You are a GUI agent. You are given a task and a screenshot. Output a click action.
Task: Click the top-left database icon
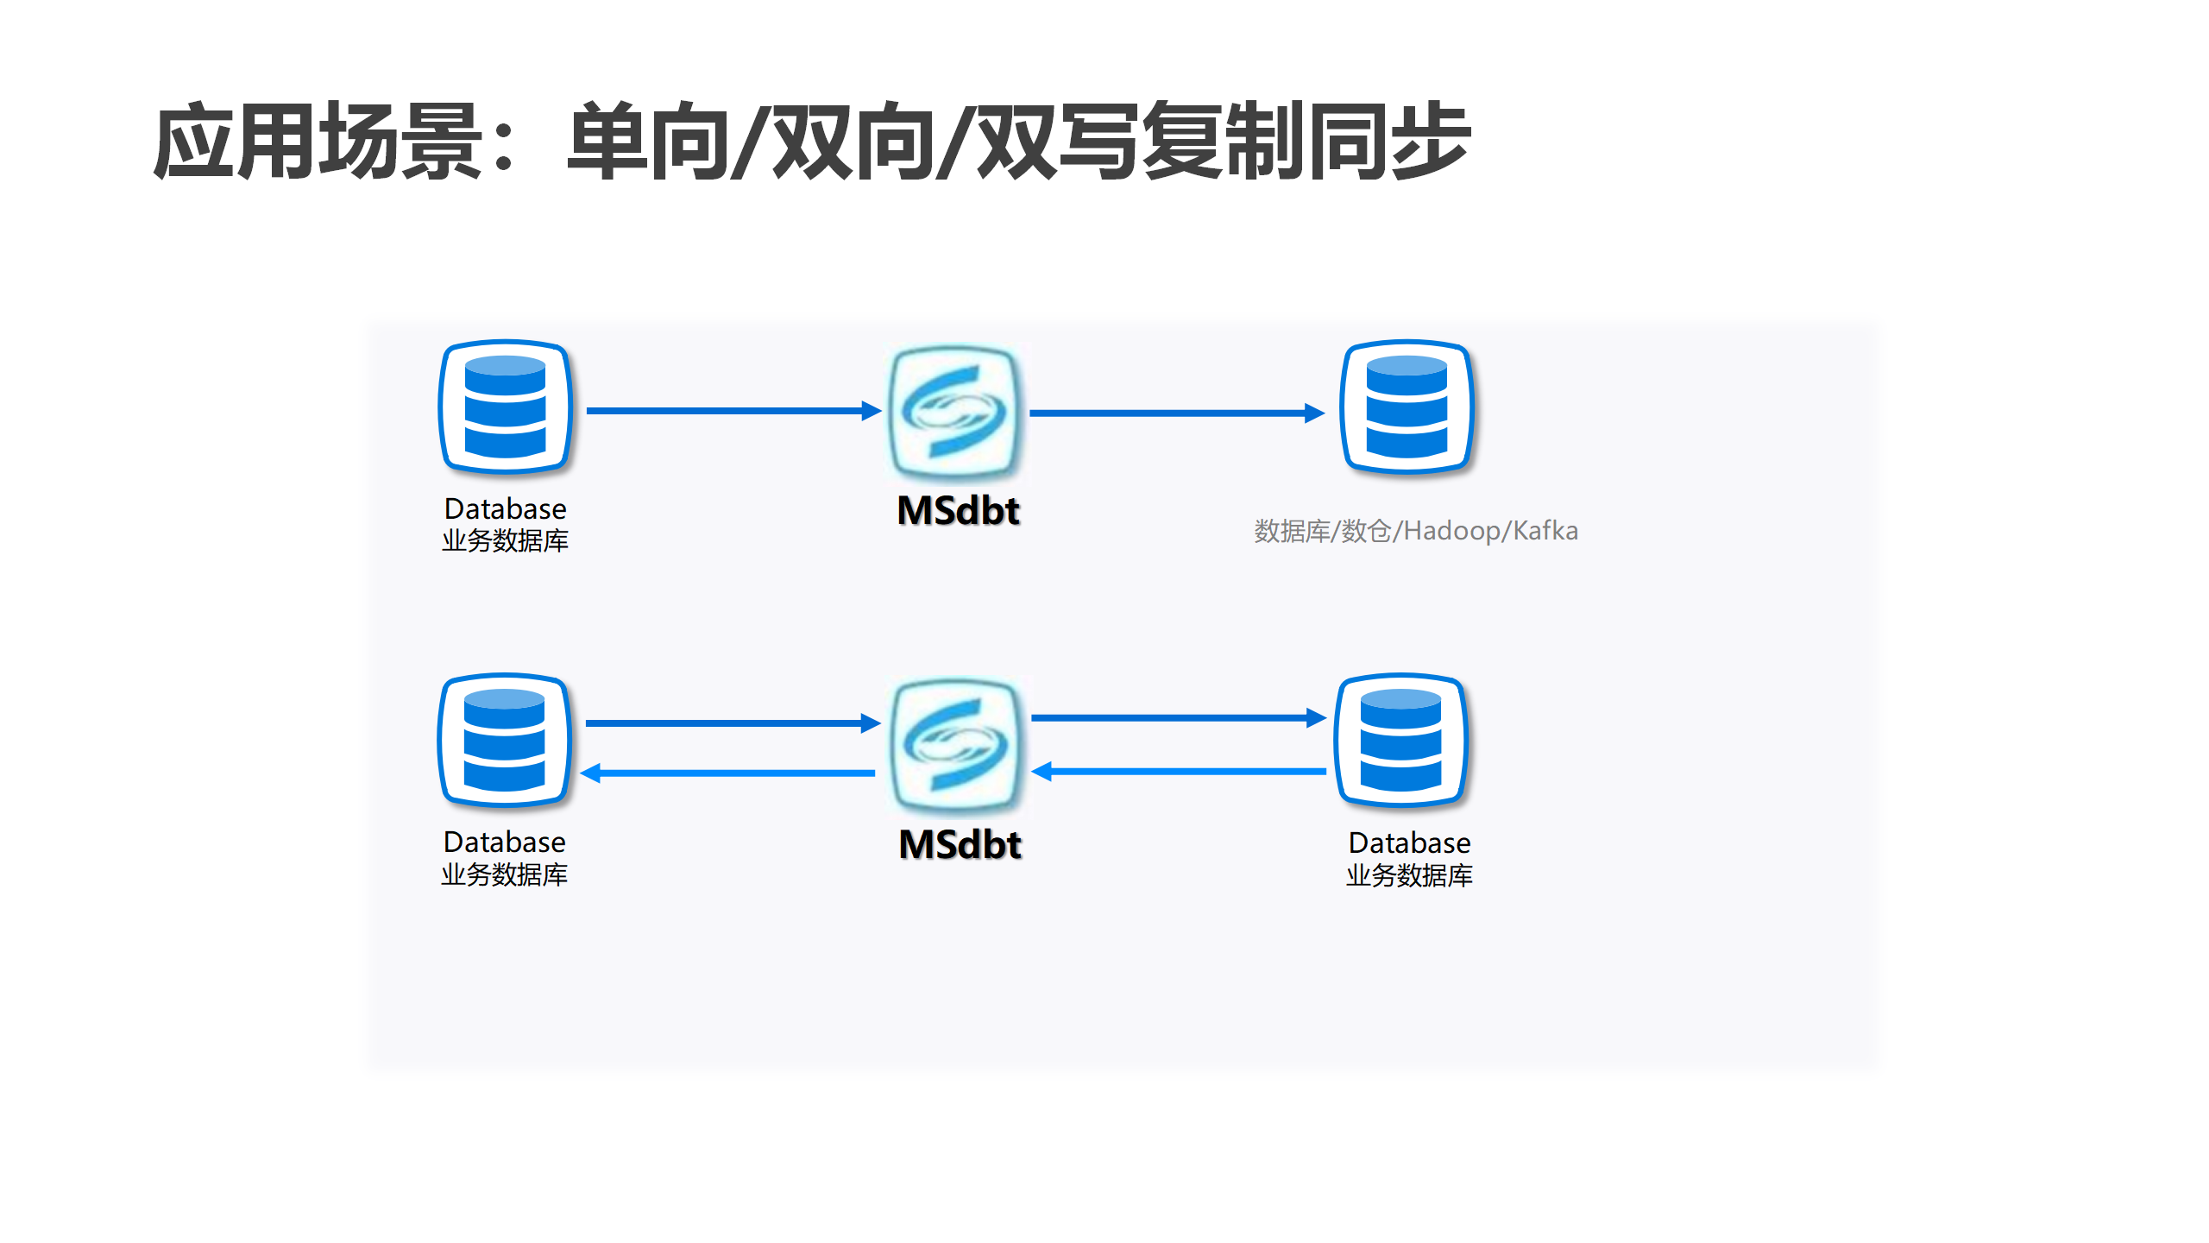point(506,407)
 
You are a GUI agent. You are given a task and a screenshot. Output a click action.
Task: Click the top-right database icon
point(1407,407)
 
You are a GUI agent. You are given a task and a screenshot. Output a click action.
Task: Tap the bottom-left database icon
point(505,741)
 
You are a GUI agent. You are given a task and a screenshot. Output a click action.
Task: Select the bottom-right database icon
point(1401,741)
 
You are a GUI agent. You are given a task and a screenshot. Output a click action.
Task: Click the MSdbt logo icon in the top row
point(955,412)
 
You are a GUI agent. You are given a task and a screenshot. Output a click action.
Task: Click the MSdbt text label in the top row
point(959,510)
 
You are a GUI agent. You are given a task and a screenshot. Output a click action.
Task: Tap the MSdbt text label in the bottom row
point(960,844)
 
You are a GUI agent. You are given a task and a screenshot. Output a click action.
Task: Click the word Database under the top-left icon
point(506,508)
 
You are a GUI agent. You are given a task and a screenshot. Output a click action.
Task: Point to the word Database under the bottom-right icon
point(1410,842)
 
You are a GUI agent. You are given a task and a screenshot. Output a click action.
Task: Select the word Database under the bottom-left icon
point(505,842)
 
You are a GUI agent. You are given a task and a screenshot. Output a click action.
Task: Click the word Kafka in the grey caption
point(1545,530)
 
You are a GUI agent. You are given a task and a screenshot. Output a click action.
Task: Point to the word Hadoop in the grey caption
point(1452,531)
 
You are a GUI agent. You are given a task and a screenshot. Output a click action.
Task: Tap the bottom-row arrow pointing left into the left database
point(729,773)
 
